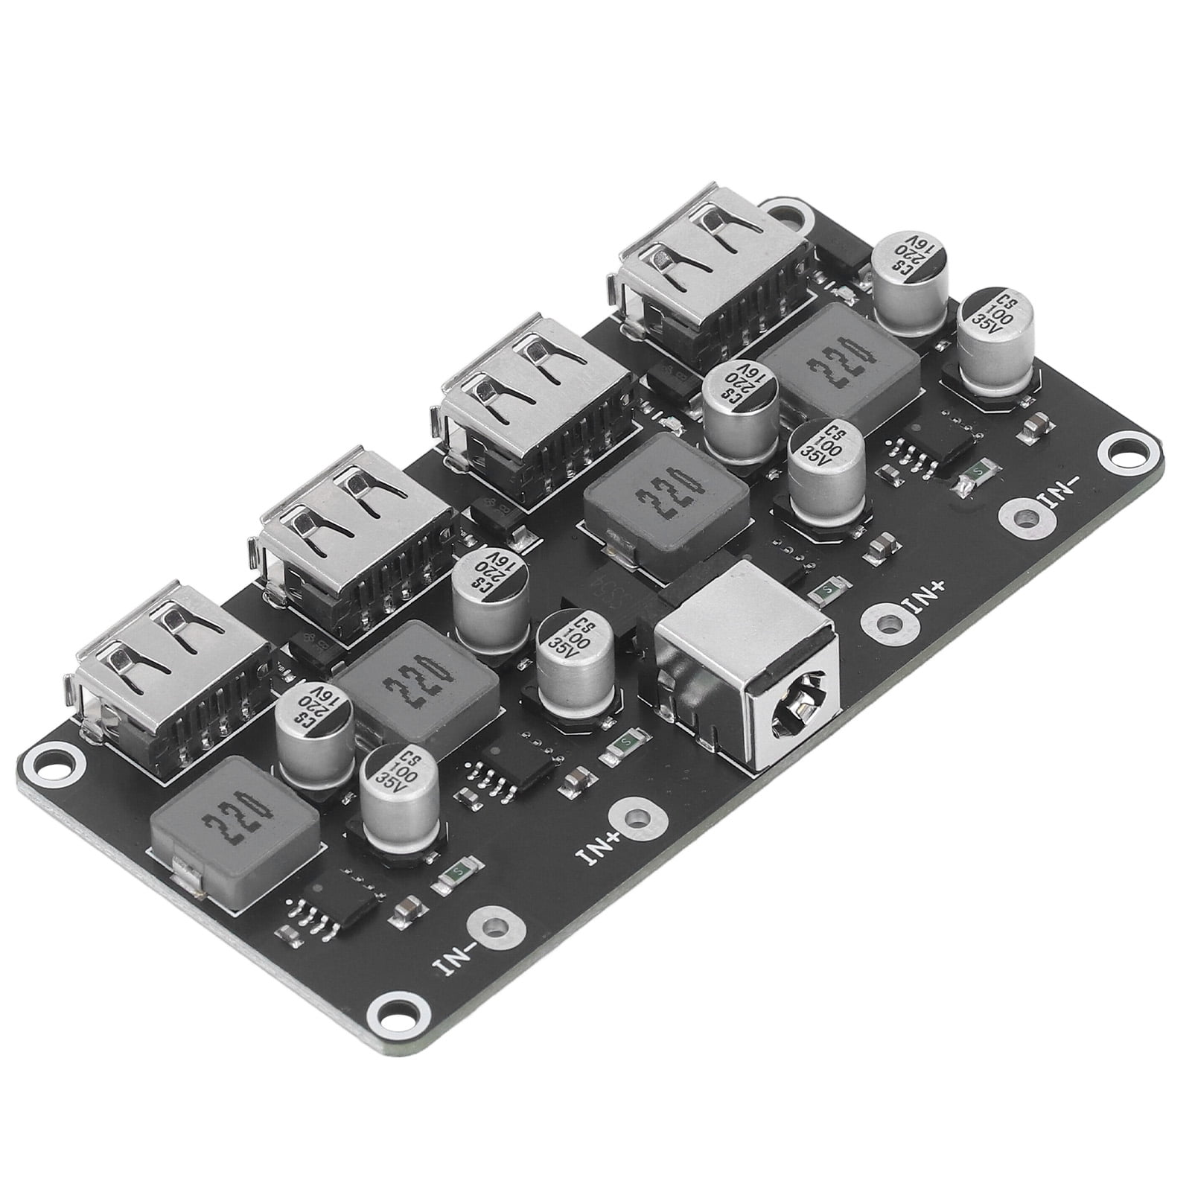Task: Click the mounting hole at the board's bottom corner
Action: (x=393, y=1013)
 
